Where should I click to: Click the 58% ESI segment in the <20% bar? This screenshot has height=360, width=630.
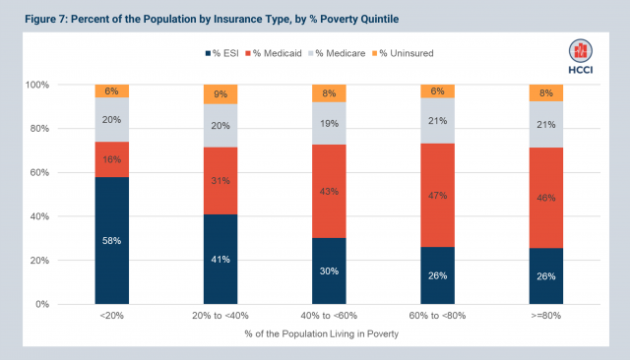112,240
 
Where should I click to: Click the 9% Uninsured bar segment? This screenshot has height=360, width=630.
221,94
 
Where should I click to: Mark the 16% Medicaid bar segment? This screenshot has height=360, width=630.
112,159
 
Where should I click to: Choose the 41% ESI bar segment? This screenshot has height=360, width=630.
221,259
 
